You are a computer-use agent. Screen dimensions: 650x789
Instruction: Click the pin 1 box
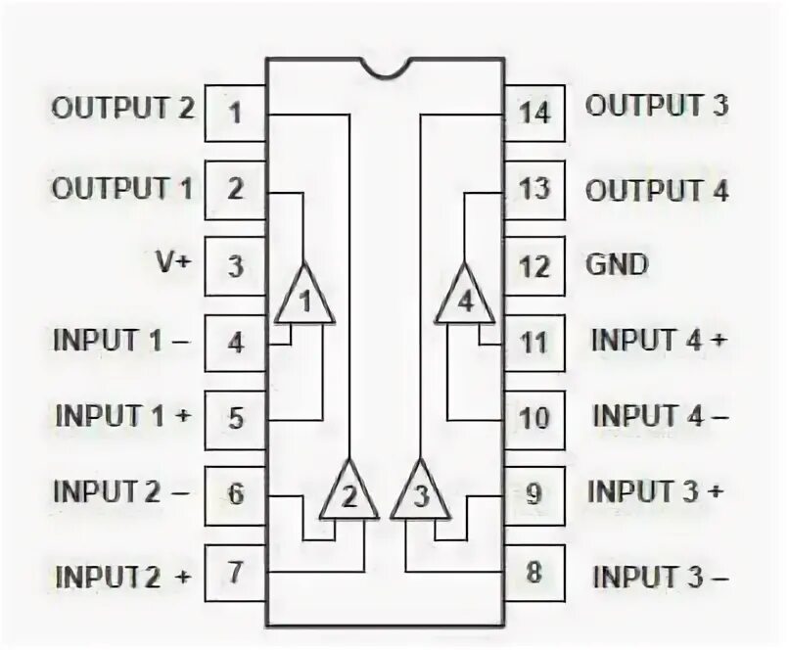[x=235, y=112]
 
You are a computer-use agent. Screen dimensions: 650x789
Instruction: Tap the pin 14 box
[x=534, y=112]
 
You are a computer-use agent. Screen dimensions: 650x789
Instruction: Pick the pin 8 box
[x=534, y=572]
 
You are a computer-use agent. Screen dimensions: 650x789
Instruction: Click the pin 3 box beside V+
[x=235, y=265]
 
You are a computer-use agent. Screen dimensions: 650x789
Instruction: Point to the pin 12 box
[x=534, y=265]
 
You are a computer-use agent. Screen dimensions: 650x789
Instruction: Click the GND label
[x=617, y=264]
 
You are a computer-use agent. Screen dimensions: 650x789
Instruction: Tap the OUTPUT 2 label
[x=123, y=107]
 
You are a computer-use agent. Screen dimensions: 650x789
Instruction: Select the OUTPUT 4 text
[x=657, y=189]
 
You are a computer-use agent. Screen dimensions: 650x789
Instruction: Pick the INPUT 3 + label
[x=657, y=491]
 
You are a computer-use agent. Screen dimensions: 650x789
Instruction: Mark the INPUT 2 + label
[x=123, y=575]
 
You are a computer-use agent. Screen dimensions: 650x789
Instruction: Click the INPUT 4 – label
[x=660, y=415]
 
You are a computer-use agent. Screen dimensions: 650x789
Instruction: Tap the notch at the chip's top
[x=385, y=67]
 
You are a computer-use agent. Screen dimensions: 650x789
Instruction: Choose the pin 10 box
[x=534, y=418]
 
